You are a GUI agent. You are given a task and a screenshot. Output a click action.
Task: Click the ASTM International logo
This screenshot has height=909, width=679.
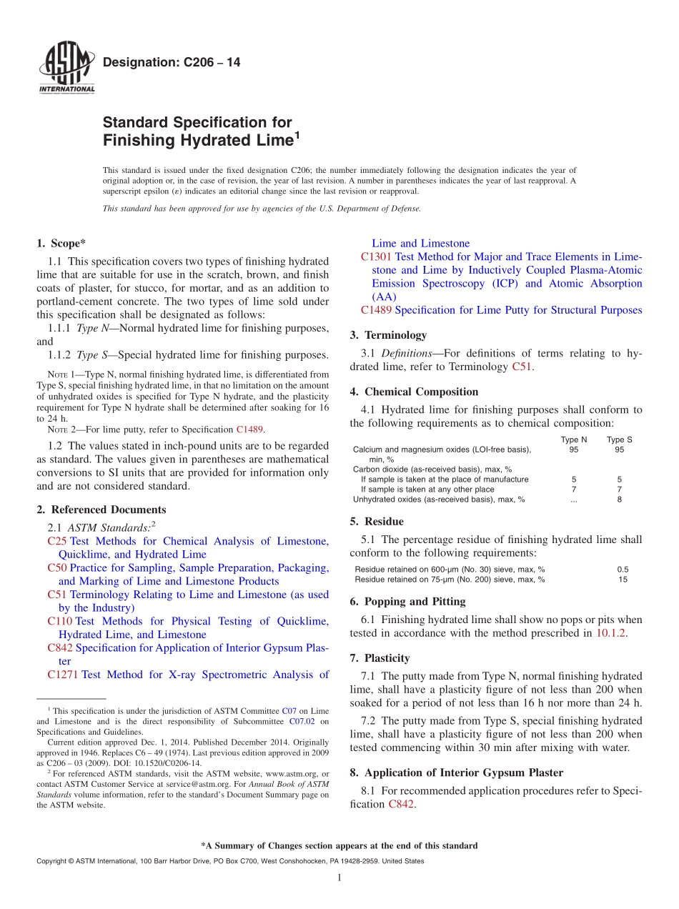(x=66, y=68)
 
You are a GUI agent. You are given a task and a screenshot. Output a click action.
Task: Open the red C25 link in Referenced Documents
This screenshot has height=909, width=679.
(x=57, y=542)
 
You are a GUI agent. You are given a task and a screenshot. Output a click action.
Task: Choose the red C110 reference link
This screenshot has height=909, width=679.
(x=59, y=622)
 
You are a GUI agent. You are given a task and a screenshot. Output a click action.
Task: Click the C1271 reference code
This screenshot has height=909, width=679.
(x=63, y=675)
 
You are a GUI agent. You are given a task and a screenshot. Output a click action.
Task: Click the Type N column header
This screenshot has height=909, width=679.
(x=573, y=439)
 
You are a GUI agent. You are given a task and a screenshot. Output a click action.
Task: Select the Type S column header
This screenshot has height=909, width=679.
(x=620, y=439)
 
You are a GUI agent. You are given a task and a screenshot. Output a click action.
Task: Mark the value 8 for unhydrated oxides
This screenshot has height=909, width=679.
(x=619, y=500)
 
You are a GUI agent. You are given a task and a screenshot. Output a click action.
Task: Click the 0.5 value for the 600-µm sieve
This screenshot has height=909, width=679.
(x=623, y=570)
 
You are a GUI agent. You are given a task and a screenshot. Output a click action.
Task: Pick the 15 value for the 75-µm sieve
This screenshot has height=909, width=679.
(x=623, y=580)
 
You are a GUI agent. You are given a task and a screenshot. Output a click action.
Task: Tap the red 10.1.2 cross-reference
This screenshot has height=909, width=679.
(x=610, y=633)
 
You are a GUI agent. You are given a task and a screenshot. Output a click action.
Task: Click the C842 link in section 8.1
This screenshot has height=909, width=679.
(x=401, y=805)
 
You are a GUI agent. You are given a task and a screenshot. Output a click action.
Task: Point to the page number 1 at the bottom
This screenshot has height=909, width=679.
(x=339, y=878)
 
